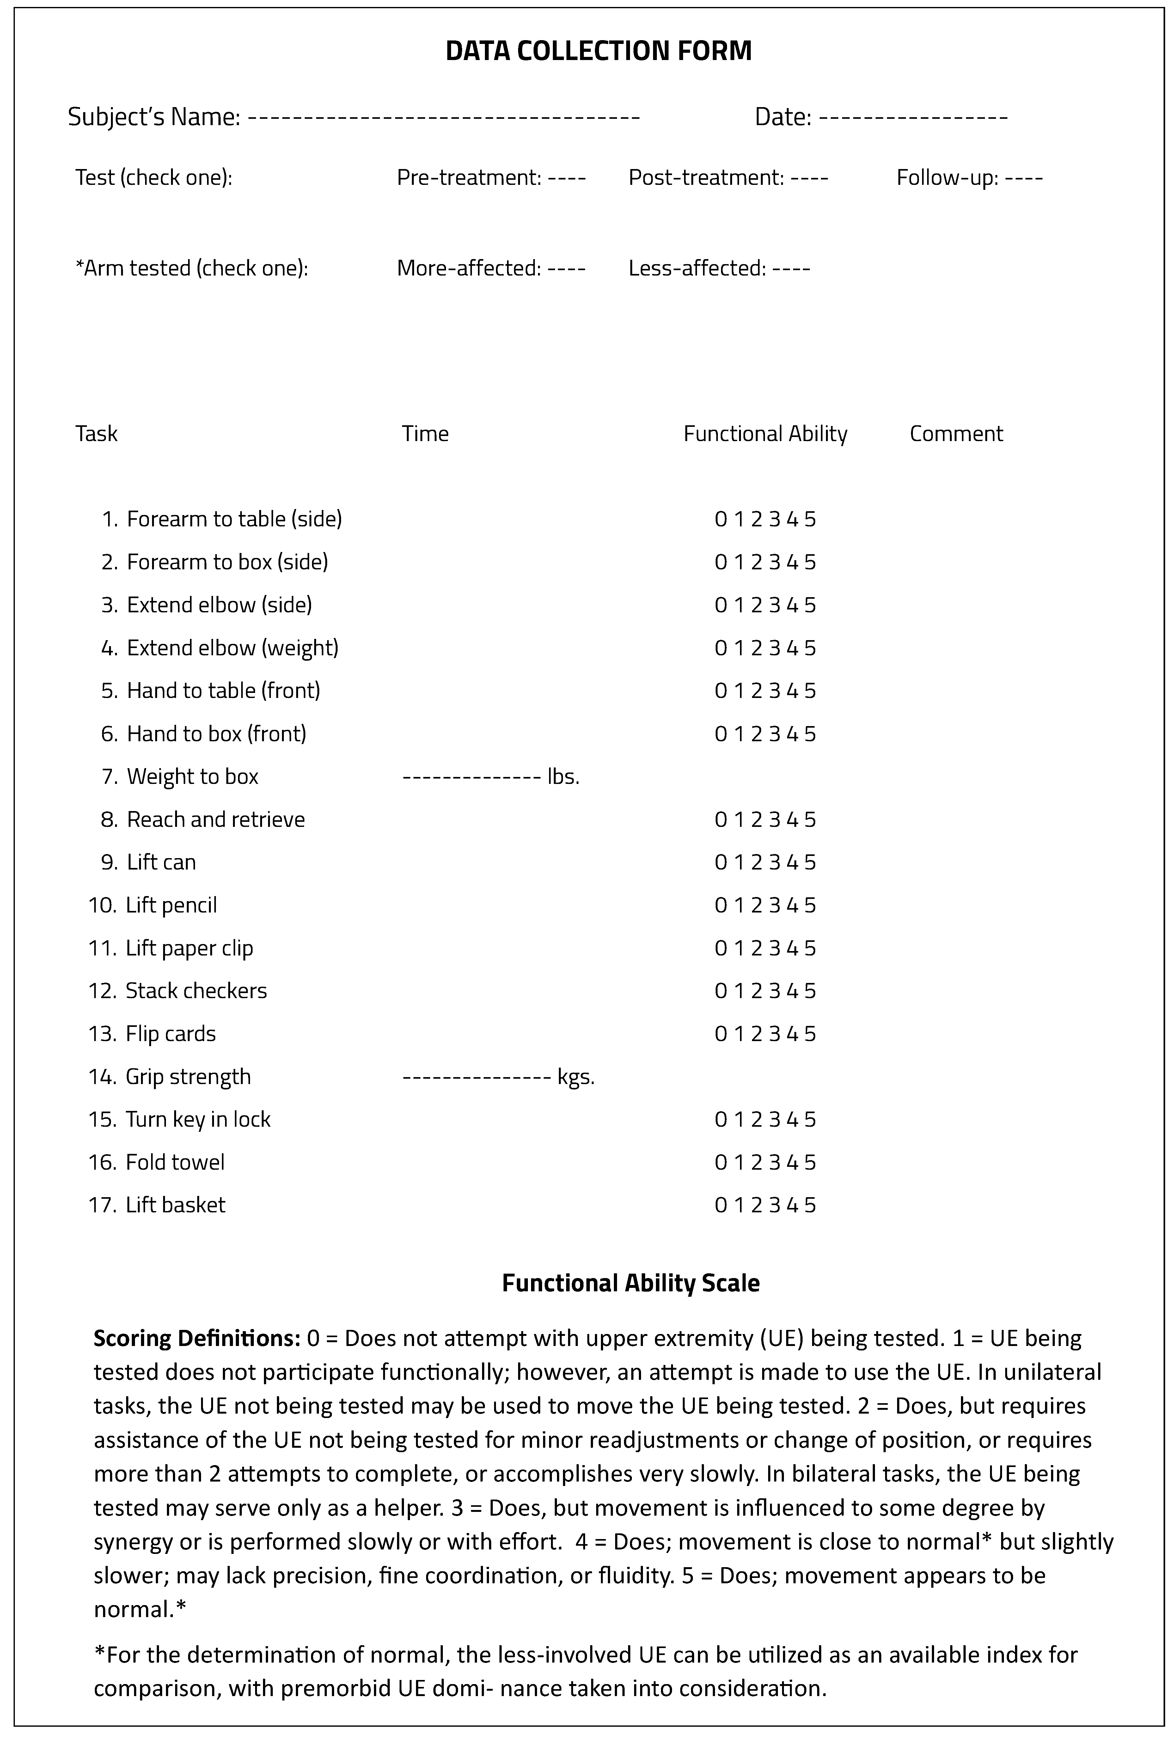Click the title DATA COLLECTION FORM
click(x=598, y=51)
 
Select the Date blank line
click(x=913, y=118)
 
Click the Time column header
click(x=425, y=434)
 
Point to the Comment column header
click(x=956, y=434)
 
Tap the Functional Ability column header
click(x=765, y=434)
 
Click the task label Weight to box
click(x=193, y=777)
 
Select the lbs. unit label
click(x=564, y=777)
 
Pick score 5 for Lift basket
click(x=810, y=1205)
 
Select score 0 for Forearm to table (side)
click(x=720, y=519)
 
